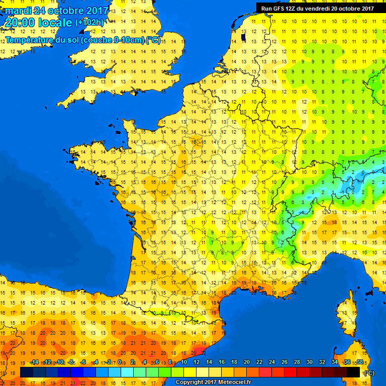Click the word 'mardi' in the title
click(17, 11)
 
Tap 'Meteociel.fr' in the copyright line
click(229, 382)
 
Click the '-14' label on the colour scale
click(34, 362)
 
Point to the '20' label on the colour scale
click(247, 362)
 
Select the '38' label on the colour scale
click(359, 362)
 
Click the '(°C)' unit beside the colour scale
click(369, 372)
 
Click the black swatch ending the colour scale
click(353, 372)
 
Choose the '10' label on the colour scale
click(184, 362)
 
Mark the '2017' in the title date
click(95, 11)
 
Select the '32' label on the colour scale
click(322, 362)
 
